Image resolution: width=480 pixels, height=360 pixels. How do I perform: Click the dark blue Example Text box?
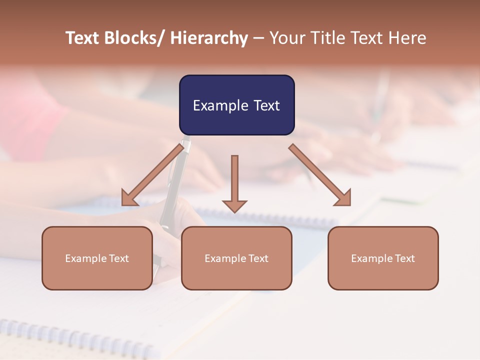(236, 105)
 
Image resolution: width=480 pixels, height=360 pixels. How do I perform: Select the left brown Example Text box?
(97, 258)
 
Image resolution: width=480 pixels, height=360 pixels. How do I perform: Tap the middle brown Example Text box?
(236, 258)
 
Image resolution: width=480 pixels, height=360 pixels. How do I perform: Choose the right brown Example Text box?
(383, 258)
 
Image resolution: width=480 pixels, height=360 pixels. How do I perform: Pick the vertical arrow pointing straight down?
(234, 183)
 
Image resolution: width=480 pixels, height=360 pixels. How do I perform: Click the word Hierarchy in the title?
(209, 38)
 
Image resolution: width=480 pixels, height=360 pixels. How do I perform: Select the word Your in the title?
(286, 38)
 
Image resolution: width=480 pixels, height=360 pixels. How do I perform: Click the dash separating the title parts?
(258, 38)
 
